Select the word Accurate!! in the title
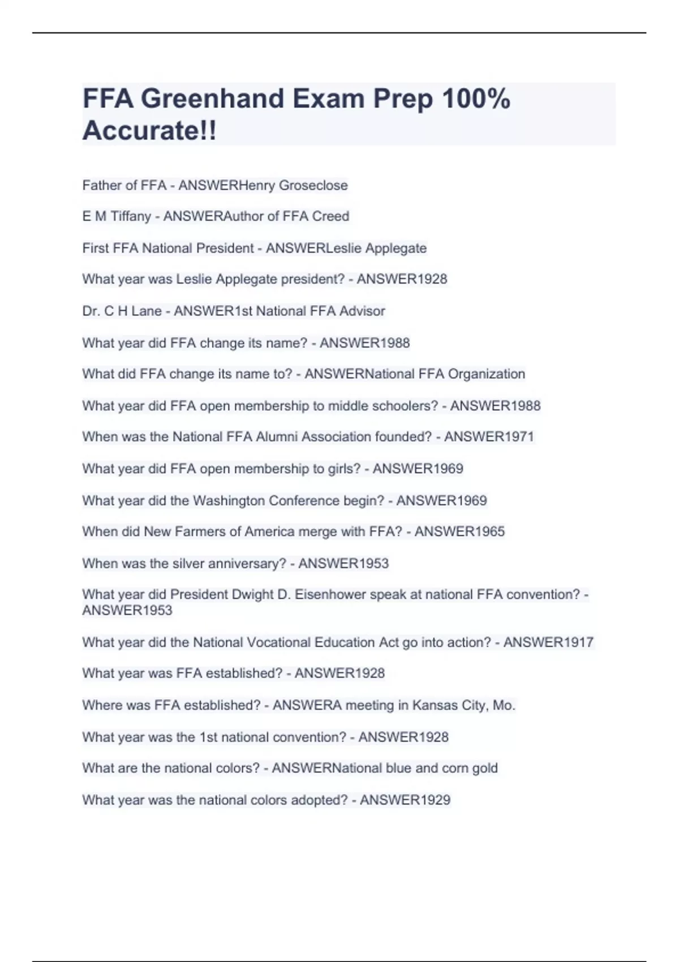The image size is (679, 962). tap(149, 131)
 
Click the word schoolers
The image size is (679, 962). tap(404, 406)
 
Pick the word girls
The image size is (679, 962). tap(344, 469)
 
